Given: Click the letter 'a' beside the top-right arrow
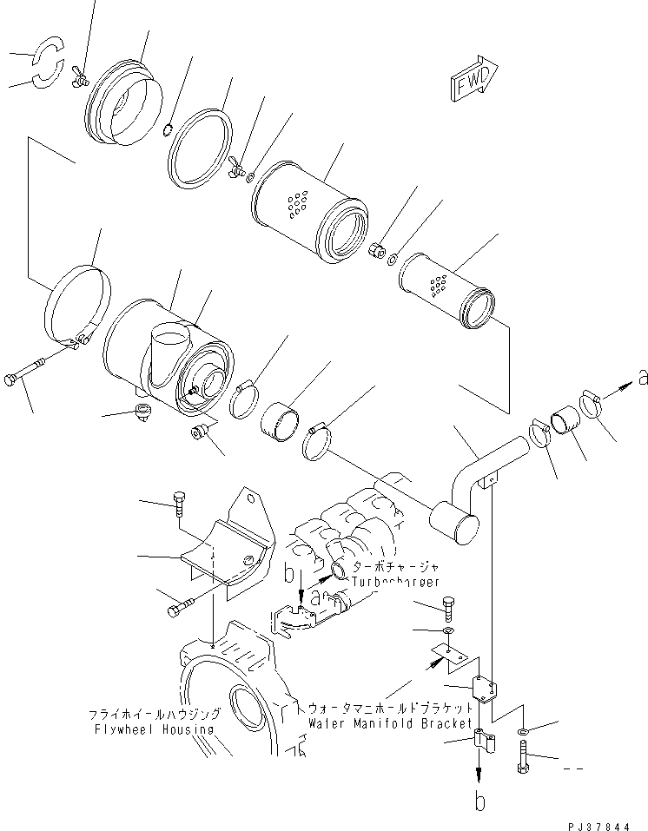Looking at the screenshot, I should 642,377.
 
